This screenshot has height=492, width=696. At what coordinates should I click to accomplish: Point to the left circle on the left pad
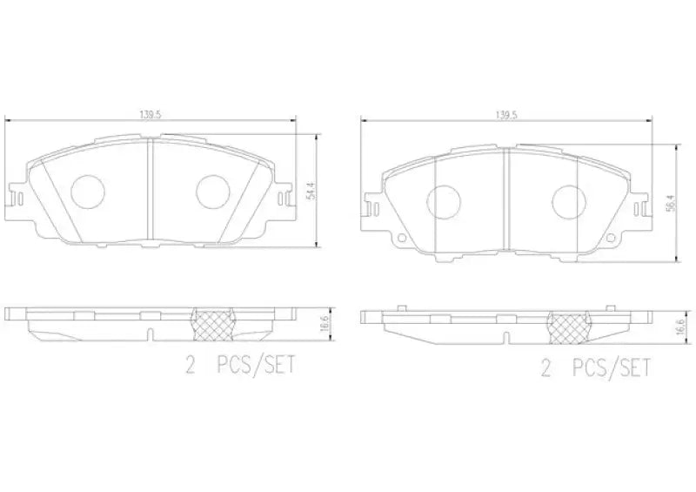tap(86, 192)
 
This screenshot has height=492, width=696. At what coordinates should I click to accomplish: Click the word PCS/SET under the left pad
tap(256, 367)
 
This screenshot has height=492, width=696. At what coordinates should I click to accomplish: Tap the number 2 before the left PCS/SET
tap(189, 367)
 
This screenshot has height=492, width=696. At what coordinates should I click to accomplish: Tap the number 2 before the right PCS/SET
tap(545, 370)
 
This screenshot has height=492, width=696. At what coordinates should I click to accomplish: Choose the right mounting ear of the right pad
tap(642, 209)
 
